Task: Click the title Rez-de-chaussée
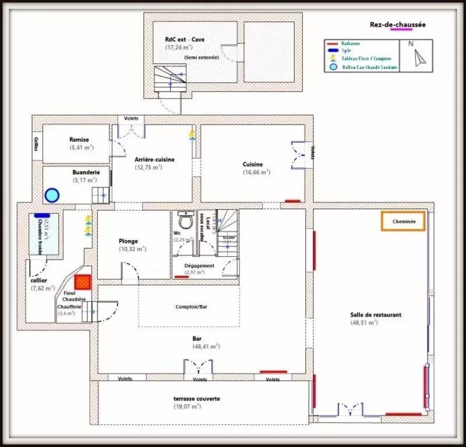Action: click(398, 24)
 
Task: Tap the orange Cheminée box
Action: click(403, 222)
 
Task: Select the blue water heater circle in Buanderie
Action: click(52, 194)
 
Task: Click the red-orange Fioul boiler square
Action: click(83, 282)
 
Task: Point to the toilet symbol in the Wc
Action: click(186, 221)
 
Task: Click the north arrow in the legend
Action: click(419, 56)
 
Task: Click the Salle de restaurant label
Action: click(376, 315)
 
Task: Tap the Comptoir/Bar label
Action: click(189, 307)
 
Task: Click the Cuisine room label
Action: click(253, 164)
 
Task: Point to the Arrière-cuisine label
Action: click(154, 159)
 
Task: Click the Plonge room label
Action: click(128, 241)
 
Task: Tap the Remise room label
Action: click(79, 140)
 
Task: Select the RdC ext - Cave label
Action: click(185, 40)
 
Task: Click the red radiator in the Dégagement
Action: click(182, 278)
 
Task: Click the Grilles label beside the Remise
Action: click(36, 144)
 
